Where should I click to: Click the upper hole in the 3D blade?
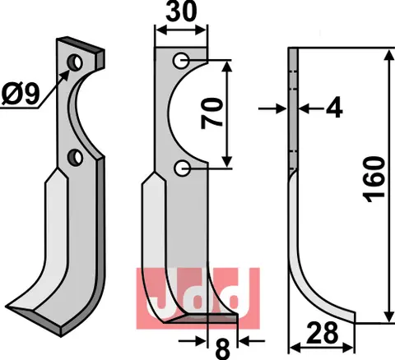click(75, 62)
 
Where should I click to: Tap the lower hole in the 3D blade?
click(75, 155)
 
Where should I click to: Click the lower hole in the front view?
click(181, 169)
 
